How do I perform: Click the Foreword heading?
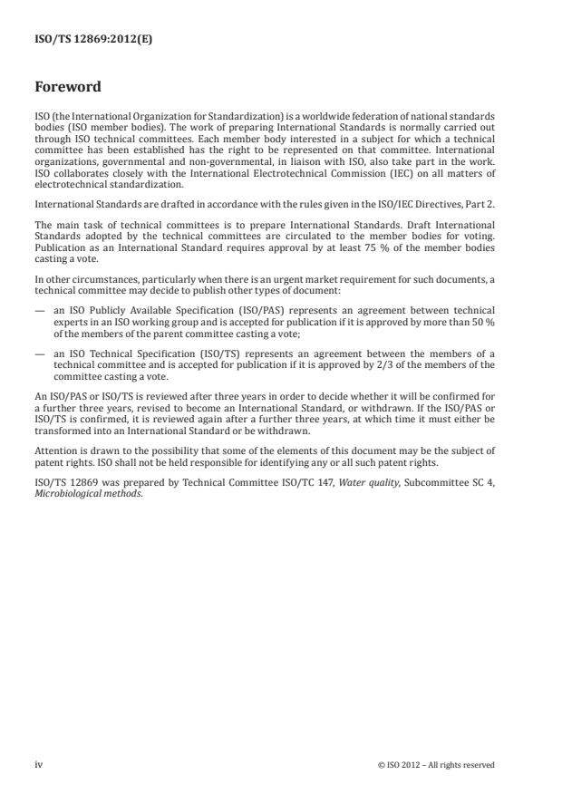[67, 87]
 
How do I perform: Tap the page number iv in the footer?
[39, 764]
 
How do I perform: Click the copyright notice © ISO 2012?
[436, 764]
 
